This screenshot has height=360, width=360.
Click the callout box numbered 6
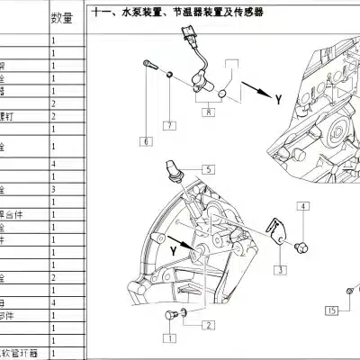(x=144, y=141)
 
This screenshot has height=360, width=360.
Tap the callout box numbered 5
(x=206, y=168)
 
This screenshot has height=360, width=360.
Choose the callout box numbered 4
(x=303, y=207)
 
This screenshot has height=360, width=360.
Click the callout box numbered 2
(x=206, y=325)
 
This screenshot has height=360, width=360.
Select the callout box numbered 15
(x=332, y=311)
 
